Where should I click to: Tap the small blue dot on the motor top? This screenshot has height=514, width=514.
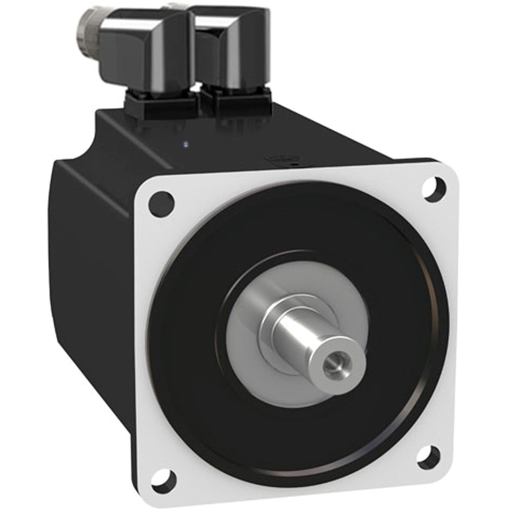coord(186,144)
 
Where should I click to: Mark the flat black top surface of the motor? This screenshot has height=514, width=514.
coord(219,142)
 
